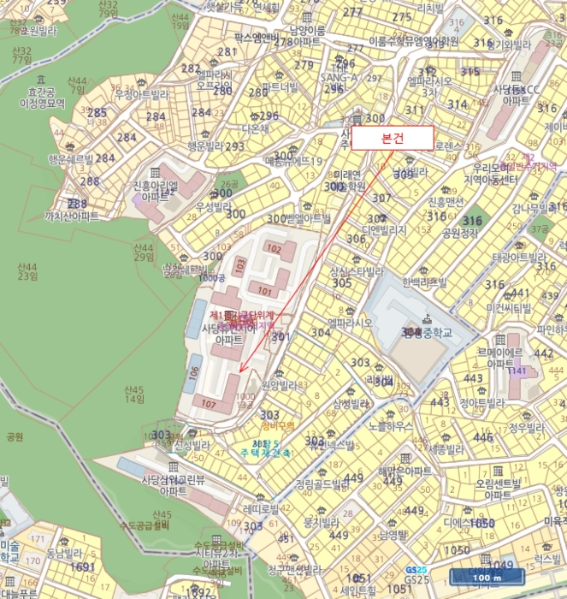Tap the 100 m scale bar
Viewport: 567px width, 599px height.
(x=481, y=578)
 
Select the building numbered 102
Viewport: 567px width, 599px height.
(x=274, y=248)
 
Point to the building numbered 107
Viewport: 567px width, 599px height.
(x=209, y=402)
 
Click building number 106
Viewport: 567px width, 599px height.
(x=194, y=373)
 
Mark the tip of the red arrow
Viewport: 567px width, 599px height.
(x=240, y=371)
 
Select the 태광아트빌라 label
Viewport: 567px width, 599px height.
(x=518, y=257)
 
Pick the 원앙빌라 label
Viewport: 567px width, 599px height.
(x=279, y=386)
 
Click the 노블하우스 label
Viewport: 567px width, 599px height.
(x=391, y=425)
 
